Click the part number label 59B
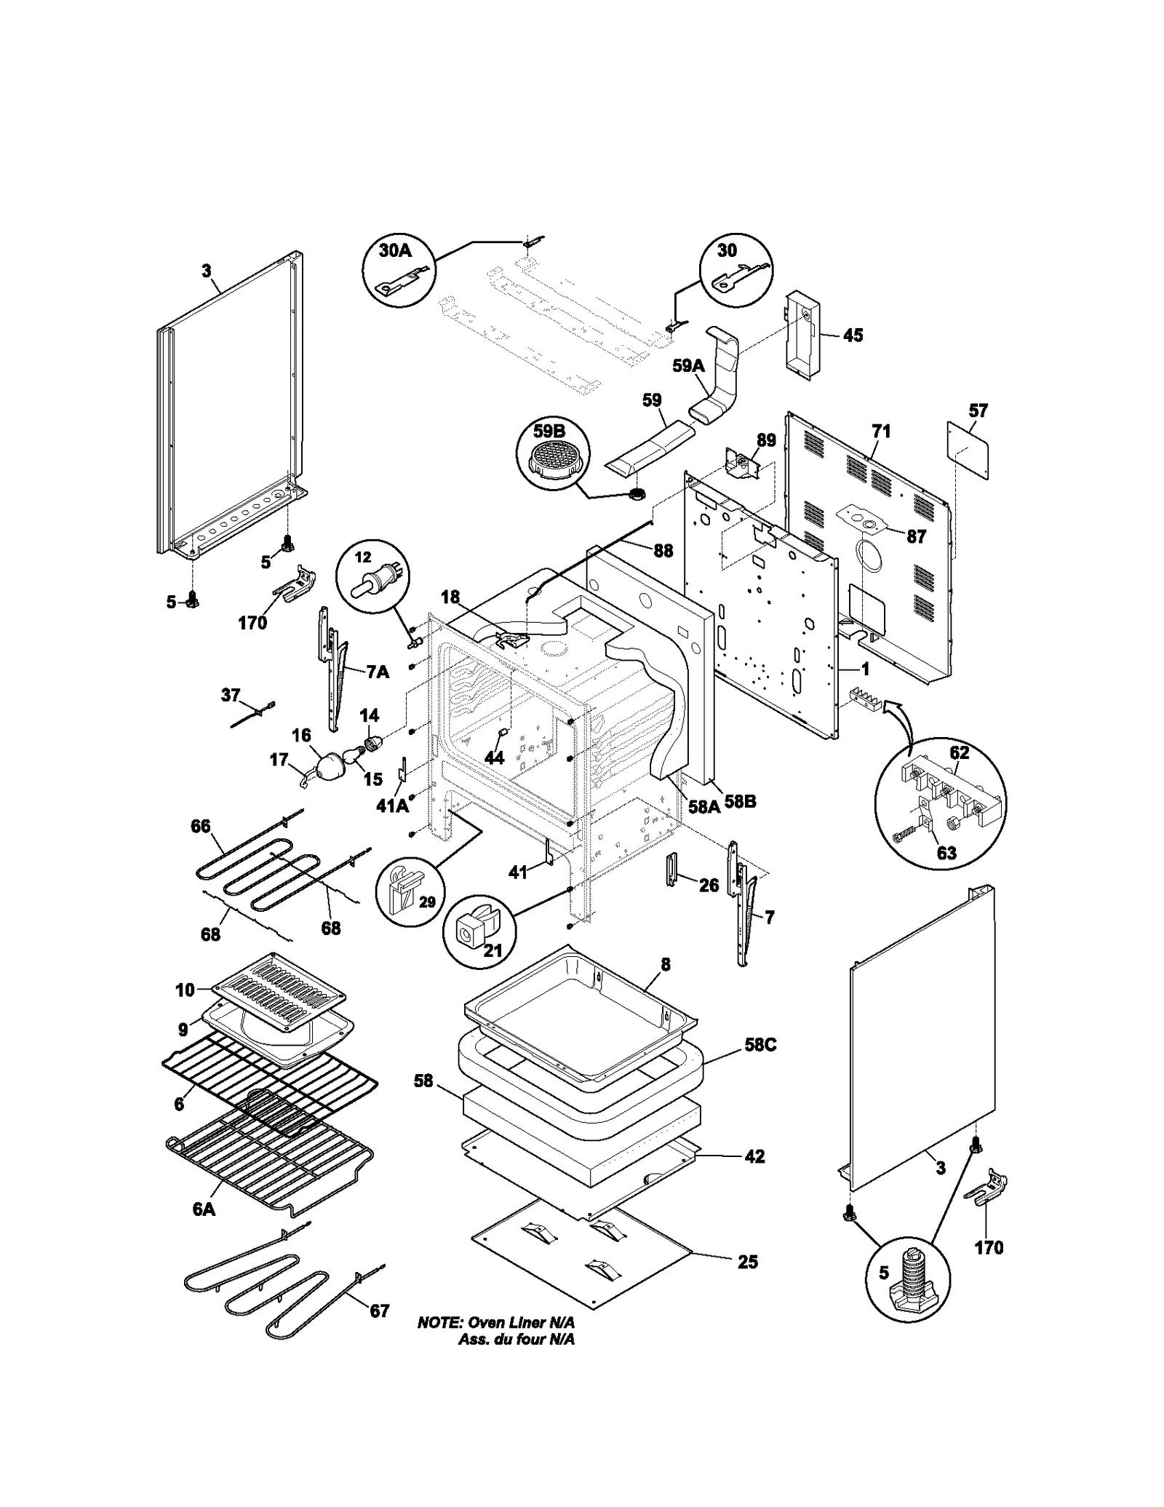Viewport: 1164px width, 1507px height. tap(549, 431)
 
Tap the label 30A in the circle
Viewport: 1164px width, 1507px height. tap(395, 250)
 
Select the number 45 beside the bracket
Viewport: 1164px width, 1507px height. tap(853, 335)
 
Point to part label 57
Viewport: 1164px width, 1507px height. tap(978, 411)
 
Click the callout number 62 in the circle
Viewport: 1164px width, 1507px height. tap(960, 752)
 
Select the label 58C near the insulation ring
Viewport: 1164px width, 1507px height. tap(760, 1044)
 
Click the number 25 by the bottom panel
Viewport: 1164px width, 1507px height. tap(747, 1262)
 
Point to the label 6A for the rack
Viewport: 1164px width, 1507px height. tap(204, 1209)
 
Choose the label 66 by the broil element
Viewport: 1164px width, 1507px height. tap(200, 826)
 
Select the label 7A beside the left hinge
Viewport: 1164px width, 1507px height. tap(377, 672)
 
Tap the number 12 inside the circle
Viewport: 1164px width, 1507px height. tap(362, 557)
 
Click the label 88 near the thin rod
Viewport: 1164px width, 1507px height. tap(663, 551)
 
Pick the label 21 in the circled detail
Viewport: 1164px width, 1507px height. tap(493, 950)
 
